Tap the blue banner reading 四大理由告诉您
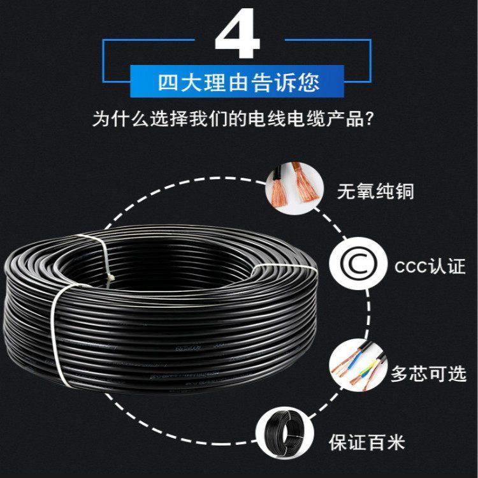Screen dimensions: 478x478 [x=237, y=82]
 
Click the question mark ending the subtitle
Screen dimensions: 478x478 [x=369, y=119]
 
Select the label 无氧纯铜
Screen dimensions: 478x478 [x=375, y=191]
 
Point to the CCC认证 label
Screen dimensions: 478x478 [x=430, y=266]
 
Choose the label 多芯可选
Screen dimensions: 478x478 [x=428, y=373]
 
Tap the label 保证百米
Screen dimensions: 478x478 [x=366, y=442]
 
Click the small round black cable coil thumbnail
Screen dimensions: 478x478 [x=284, y=433]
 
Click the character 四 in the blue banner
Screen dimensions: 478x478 [x=168, y=82]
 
